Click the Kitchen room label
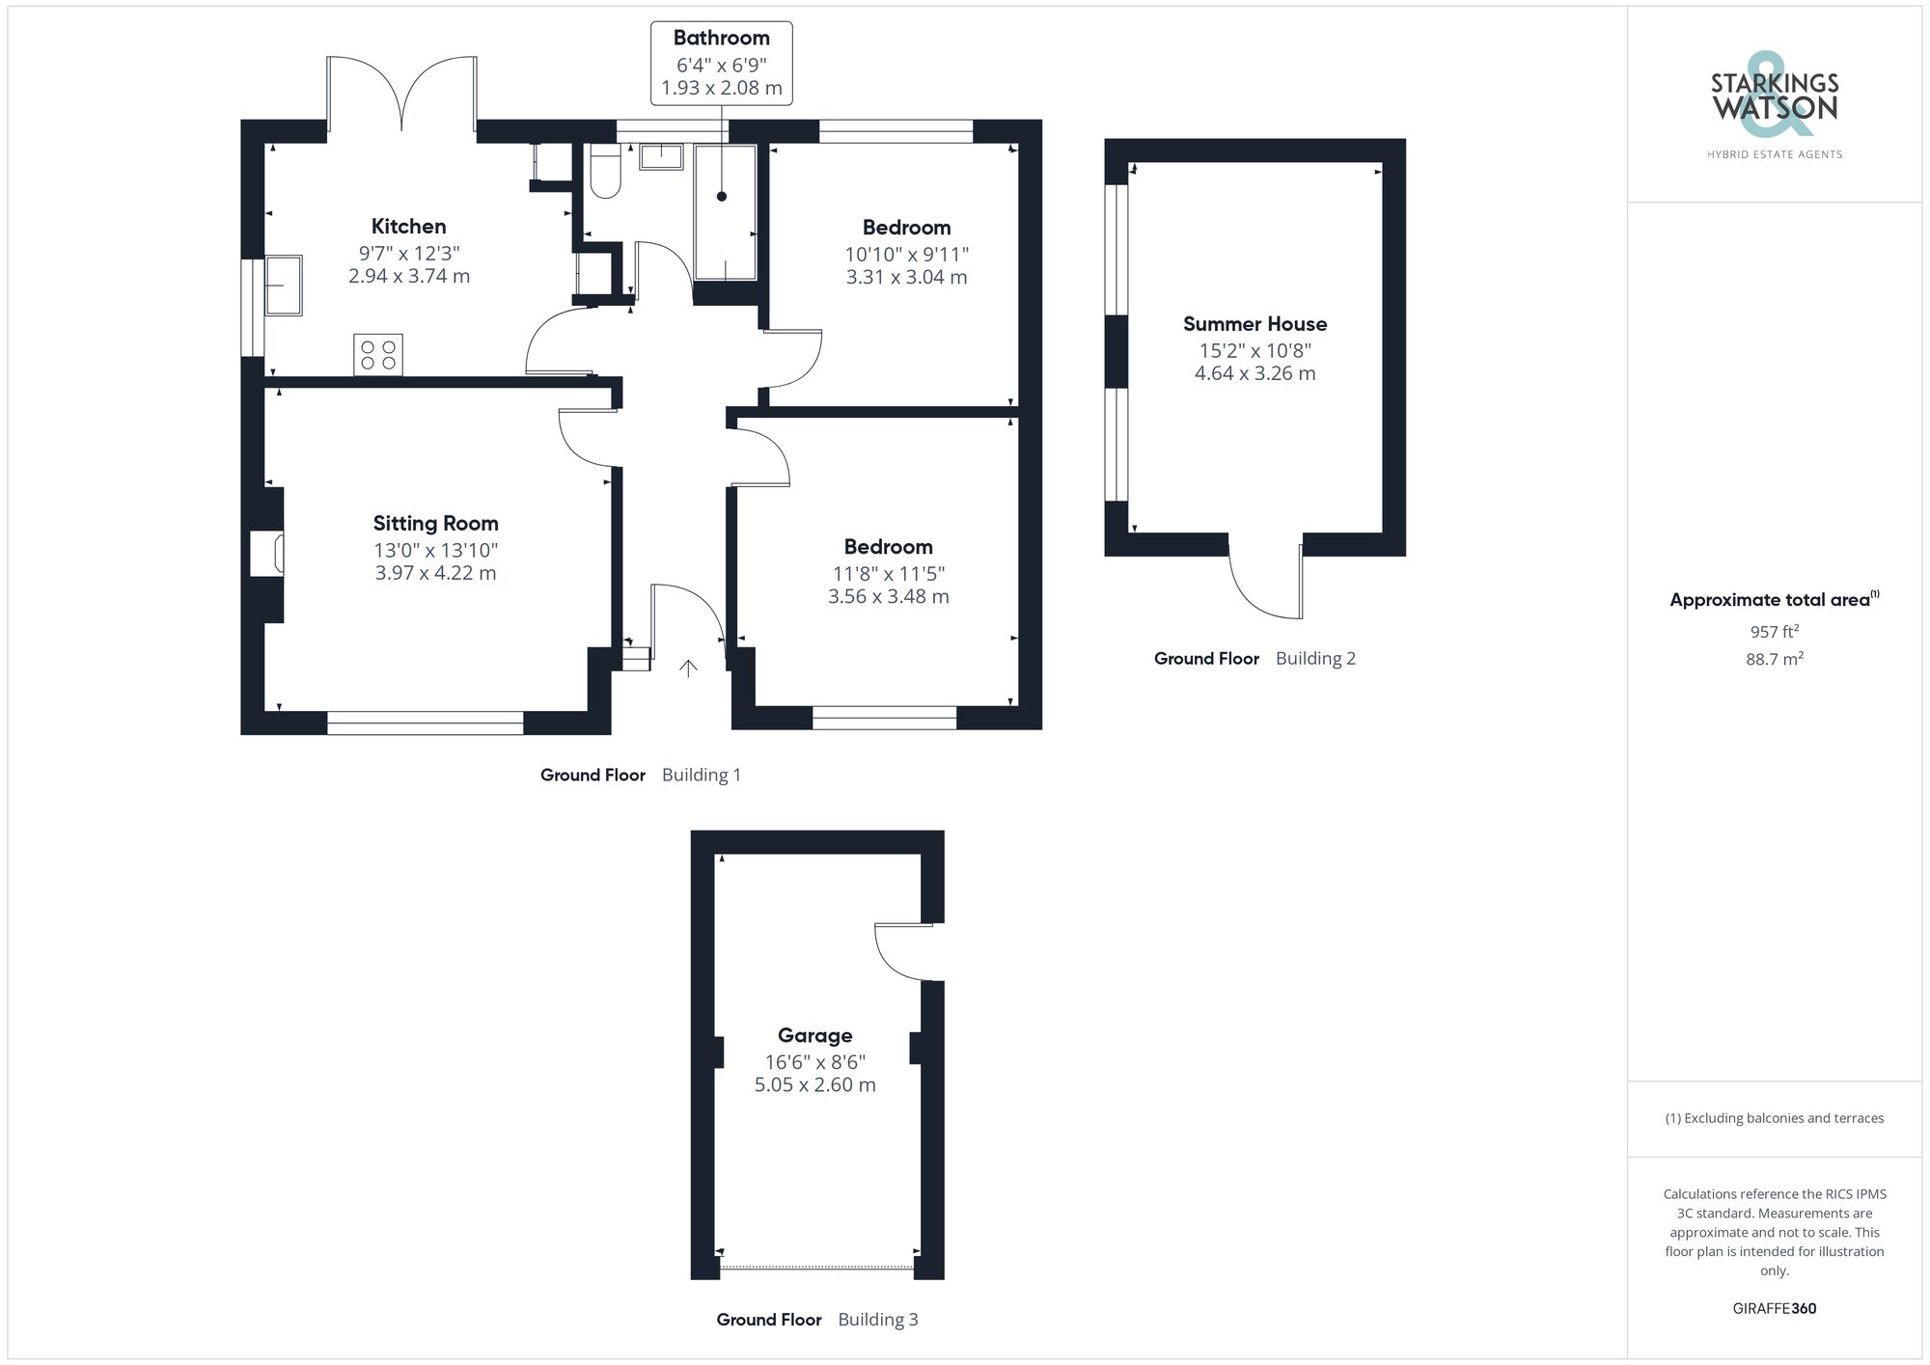pyautogui.click(x=408, y=227)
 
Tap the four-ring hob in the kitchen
pyautogui.click(x=378, y=355)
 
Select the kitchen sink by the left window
pyautogui.click(x=284, y=285)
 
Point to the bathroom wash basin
pyautogui.click(x=661, y=155)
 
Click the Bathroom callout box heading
pyautogui.click(x=721, y=38)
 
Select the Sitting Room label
pyautogui.click(x=435, y=524)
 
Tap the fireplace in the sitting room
pyautogui.click(x=267, y=554)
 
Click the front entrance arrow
pyautogui.click(x=688, y=668)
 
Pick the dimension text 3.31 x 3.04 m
pyautogui.click(x=906, y=278)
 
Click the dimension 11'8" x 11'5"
pyautogui.click(x=888, y=574)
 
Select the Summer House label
pyautogui.click(x=1254, y=324)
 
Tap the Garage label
pyautogui.click(x=814, y=1036)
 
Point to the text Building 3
pyautogui.click(x=877, y=1320)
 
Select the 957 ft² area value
pyautogui.click(x=1774, y=632)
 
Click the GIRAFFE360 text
pyautogui.click(x=1774, y=1309)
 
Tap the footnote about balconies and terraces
pyautogui.click(x=1774, y=1119)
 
